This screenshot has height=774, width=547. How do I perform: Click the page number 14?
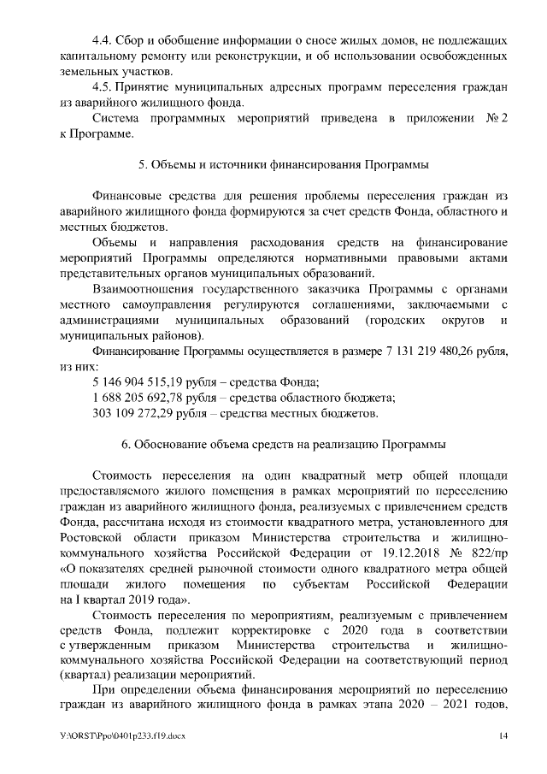click(x=503, y=736)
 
